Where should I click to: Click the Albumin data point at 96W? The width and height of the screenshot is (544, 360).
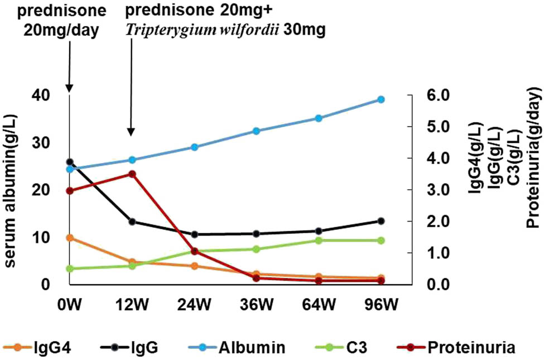pyautogui.click(x=381, y=99)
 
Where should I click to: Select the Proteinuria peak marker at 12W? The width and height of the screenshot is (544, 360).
pyautogui.click(x=132, y=174)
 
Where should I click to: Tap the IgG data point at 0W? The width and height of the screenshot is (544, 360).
pyautogui.click(x=70, y=162)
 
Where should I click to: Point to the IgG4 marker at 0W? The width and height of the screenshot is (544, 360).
pyautogui.click(x=70, y=238)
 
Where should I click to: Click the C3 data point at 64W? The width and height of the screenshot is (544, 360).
pyautogui.click(x=319, y=241)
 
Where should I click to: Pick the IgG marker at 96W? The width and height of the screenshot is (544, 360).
pyautogui.click(x=381, y=221)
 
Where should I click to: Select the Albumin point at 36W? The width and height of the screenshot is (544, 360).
pyautogui.click(x=257, y=131)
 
